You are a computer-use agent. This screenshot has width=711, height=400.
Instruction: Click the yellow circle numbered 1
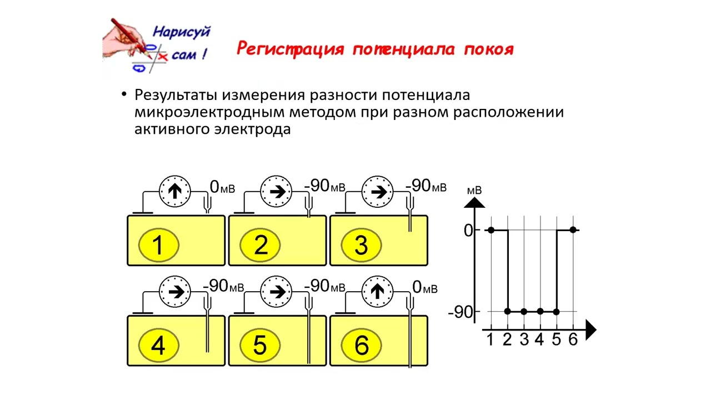(158, 245)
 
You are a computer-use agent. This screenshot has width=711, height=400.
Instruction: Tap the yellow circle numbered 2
(260, 245)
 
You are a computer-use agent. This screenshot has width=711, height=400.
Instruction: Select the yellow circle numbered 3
(361, 245)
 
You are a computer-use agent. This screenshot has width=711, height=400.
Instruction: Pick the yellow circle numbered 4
(158, 346)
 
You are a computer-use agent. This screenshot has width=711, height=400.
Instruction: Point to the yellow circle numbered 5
(260, 346)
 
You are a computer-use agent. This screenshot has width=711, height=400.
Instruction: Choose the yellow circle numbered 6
(361, 346)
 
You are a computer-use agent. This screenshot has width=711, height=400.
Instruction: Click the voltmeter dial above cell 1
(176, 192)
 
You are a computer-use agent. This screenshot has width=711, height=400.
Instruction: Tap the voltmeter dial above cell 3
(378, 192)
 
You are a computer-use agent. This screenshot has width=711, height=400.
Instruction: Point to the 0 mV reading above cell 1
(222, 187)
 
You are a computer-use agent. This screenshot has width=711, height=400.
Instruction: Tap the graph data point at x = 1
(490, 229)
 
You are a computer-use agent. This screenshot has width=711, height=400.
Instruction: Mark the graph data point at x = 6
(573, 229)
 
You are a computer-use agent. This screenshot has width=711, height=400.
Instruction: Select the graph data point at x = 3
(524, 311)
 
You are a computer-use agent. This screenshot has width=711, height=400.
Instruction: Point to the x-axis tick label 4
(539, 340)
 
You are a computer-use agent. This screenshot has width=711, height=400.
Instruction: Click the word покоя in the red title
(488, 49)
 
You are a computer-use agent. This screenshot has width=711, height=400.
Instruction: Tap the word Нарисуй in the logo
(181, 32)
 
